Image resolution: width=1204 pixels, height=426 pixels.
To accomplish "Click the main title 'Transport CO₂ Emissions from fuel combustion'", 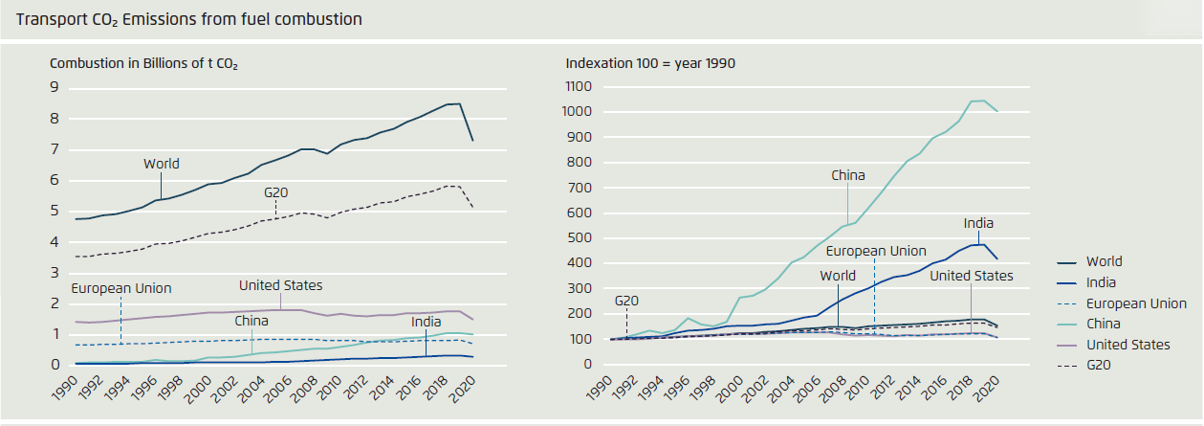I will [x=189, y=19].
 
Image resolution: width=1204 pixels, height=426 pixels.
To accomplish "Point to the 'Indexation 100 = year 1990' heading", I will [x=649, y=64].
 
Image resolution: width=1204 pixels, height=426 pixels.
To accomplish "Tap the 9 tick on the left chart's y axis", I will [x=55, y=88].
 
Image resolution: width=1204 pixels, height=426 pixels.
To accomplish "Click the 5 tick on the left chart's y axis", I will [x=55, y=212].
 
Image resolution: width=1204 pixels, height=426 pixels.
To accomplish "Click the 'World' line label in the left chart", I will [x=162, y=164].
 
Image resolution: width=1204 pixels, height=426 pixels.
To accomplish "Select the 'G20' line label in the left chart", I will [x=276, y=192].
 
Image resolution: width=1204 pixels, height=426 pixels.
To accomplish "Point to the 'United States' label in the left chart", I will [x=280, y=285].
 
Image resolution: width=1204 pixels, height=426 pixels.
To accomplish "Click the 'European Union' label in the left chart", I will [x=120, y=287].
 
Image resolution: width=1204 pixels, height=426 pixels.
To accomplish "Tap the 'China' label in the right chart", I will [x=847, y=175].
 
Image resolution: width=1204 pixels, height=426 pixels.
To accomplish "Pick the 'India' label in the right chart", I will [x=978, y=223].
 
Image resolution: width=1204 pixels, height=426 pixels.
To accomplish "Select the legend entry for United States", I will [x=1127, y=345].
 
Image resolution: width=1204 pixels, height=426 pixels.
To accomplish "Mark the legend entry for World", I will [x=1104, y=261].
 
